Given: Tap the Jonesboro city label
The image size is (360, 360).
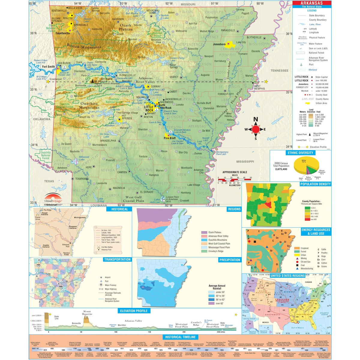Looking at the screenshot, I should click(219, 44).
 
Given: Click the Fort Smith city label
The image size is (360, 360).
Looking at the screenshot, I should click(48, 67).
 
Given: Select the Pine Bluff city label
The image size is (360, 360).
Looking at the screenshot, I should click(169, 138).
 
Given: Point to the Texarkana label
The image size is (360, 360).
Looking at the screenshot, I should click(82, 179).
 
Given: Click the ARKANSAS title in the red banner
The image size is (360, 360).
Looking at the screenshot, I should click(312, 3).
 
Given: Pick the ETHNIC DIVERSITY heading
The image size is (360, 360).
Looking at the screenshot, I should click(300, 153).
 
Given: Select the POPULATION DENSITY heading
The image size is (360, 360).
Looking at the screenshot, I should click(315, 184).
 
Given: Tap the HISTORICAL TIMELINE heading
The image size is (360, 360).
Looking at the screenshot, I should click(180, 337).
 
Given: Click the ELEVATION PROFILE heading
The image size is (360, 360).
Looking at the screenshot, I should click(134, 311).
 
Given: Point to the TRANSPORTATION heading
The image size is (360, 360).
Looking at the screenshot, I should click(117, 259).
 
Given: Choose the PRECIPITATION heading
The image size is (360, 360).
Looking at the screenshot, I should click(229, 260).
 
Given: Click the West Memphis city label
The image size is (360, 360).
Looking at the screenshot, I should click(259, 87).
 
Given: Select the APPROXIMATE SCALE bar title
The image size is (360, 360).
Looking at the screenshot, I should click(235, 172).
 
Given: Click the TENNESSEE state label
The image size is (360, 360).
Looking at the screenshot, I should click(279, 71).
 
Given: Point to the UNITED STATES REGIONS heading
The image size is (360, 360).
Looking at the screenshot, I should click(287, 275).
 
